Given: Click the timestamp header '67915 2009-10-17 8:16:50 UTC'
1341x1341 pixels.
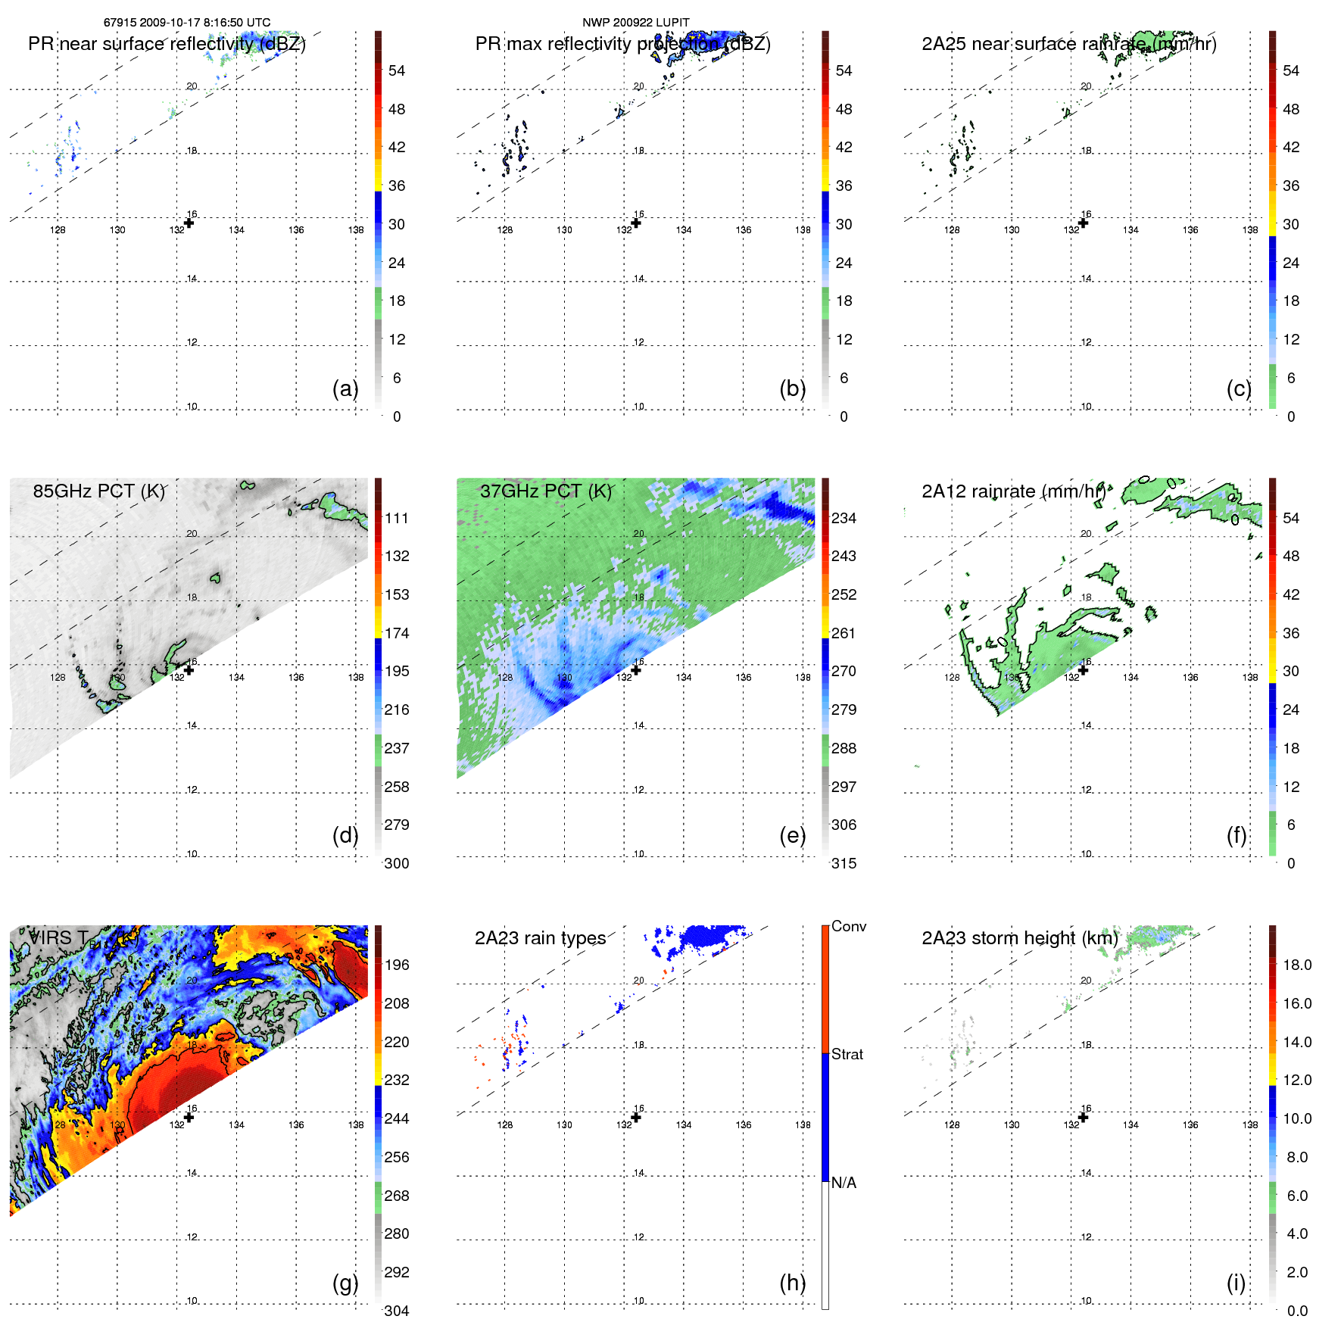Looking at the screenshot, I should tap(186, 23).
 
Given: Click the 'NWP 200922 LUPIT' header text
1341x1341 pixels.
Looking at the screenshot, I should tap(635, 23).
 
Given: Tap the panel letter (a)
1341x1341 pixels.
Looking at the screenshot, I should tap(345, 388).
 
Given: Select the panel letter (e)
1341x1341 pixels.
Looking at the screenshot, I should tap(792, 835).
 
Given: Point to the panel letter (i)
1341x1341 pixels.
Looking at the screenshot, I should tap(1236, 1283).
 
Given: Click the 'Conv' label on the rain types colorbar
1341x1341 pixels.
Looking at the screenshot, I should tap(849, 926).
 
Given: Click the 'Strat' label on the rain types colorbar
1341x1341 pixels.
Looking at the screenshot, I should tap(847, 1054).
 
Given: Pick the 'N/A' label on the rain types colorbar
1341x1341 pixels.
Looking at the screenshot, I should tap(844, 1183).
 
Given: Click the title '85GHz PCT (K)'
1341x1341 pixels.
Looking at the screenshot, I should tap(98, 491).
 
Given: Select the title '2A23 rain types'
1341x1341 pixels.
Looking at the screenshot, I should tap(540, 938).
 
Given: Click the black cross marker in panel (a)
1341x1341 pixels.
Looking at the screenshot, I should tap(189, 223).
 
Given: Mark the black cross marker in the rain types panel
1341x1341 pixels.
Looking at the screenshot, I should tap(636, 1118).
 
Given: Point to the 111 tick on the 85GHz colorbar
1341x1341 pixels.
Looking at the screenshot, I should tap(397, 518).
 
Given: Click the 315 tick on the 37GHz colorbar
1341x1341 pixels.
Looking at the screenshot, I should tap(844, 863).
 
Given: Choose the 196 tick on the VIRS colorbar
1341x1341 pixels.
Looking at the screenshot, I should tap(397, 965).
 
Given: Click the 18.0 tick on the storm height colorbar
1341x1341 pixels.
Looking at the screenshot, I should tap(1297, 965).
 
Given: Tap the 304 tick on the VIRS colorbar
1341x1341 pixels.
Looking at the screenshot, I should tap(397, 1311).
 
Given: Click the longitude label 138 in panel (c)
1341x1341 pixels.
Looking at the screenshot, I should tap(1250, 230).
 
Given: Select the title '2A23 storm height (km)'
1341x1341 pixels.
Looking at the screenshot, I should tap(1019, 938).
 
